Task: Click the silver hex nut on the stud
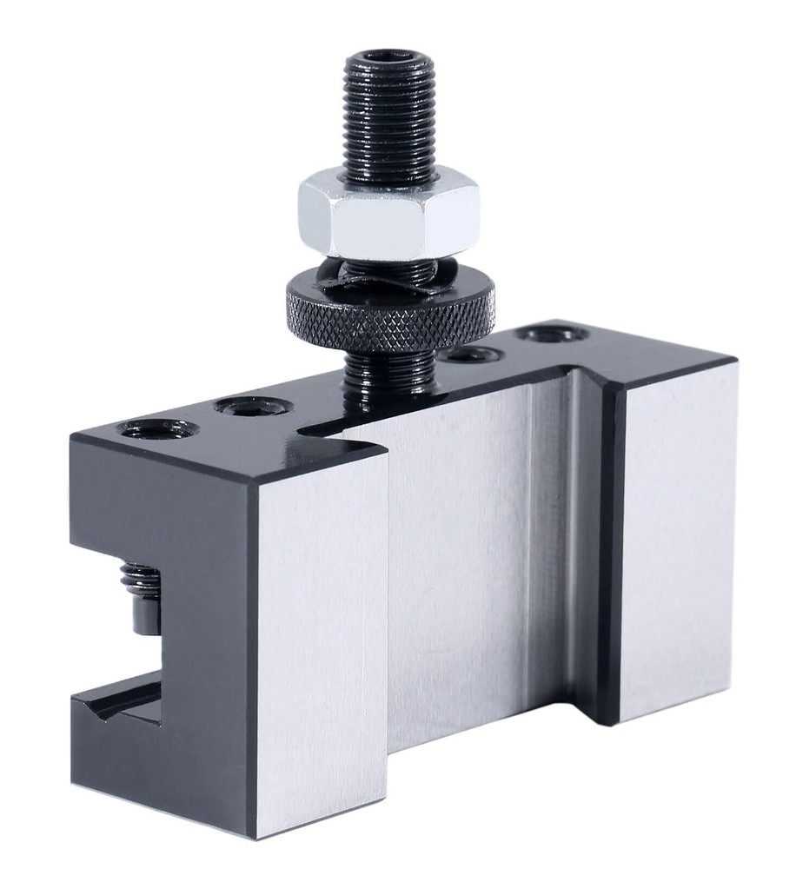pyautogui.click(x=388, y=213)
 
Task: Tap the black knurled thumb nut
pyautogui.click(x=391, y=313)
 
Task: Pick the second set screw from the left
pyautogui.click(x=252, y=405)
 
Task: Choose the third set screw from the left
pyautogui.click(x=474, y=354)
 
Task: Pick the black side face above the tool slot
pyautogui.click(x=156, y=504)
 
